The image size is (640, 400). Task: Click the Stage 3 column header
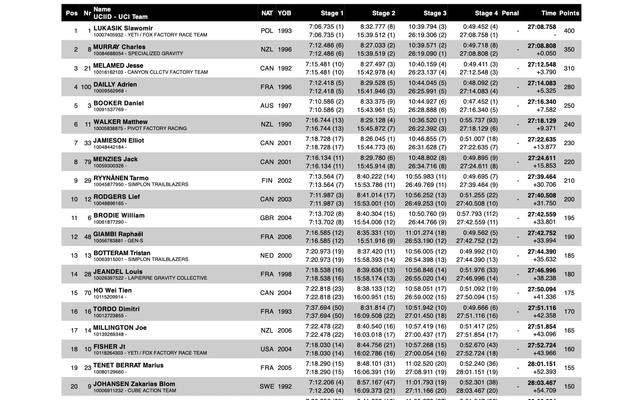(x=435, y=13)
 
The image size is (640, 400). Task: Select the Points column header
(x=569, y=13)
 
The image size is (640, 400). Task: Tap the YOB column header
(x=284, y=13)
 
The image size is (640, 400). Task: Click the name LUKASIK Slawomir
(x=123, y=28)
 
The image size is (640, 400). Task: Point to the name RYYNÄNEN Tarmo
(x=121, y=178)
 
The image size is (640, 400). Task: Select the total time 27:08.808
(x=542, y=46)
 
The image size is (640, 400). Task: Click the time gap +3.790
(x=546, y=72)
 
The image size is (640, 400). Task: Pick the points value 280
(x=569, y=87)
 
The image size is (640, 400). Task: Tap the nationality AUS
(x=267, y=106)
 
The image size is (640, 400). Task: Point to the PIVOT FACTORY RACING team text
(x=157, y=128)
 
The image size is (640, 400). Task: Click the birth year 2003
(x=284, y=199)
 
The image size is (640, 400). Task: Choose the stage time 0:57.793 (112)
(x=477, y=214)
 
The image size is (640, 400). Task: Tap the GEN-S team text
(x=135, y=241)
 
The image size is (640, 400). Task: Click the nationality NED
(x=267, y=255)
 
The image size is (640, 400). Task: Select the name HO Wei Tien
(x=113, y=290)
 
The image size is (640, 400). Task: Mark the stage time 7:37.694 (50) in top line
(x=324, y=308)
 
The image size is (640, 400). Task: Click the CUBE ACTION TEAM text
(x=152, y=391)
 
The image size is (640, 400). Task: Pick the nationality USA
(x=267, y=349)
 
